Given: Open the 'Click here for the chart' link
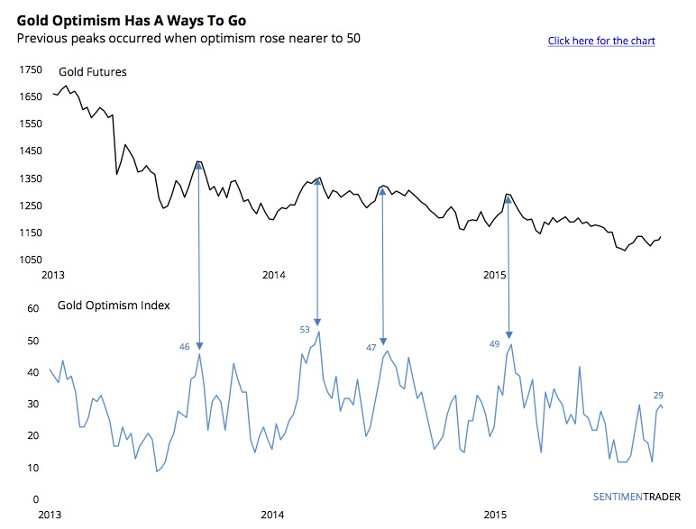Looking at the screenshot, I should [601, 41].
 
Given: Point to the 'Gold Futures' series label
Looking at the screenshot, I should [93, 71].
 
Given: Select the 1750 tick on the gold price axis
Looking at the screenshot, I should [30, 69].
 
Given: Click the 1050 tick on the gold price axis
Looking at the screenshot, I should [30, 260].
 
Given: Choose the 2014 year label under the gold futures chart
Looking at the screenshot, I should [274, 275].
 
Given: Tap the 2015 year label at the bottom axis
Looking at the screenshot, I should [496, 515].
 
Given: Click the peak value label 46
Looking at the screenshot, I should [185, 347].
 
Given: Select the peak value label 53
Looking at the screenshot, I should [305, 330].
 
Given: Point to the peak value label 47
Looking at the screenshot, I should [370, 347].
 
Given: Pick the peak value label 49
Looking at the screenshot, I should [494, 343].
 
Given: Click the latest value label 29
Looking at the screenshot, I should [659, 396].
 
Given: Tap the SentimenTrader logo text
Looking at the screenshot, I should [637, 497].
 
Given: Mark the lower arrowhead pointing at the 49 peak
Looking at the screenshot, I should [510, 333].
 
